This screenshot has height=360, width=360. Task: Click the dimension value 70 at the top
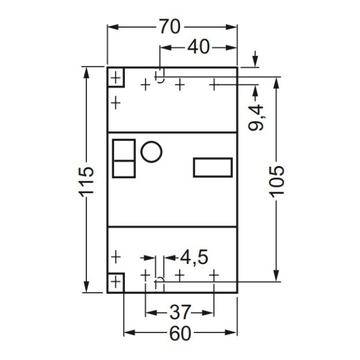click(x=171, y=28)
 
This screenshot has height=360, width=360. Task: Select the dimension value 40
click(x=199, y=47)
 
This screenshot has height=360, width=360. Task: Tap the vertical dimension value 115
click(x=87, y=179)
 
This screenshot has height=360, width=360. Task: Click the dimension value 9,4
click(x=257, y=118)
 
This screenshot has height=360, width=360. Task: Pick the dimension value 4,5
click(x=194, y=257)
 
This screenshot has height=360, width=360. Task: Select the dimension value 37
click(x=180, y=313)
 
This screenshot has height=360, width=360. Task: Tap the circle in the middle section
click(x=151, y=151)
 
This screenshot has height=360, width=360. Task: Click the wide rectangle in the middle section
click(x=212, y=167)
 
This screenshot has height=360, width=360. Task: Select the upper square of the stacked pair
click(x=124, y=149)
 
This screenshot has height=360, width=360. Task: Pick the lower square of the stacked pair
click(x=124, y=168)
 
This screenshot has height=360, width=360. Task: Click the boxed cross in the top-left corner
click(x=115, y=77)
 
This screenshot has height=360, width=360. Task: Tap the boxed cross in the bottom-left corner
click(x=115, y=281)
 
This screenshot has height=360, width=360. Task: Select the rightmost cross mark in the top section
click(x=214, y=85)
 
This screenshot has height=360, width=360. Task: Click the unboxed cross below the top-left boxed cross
click(x=115, y=103)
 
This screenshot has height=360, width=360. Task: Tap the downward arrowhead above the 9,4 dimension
click(x=256, y=61)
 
